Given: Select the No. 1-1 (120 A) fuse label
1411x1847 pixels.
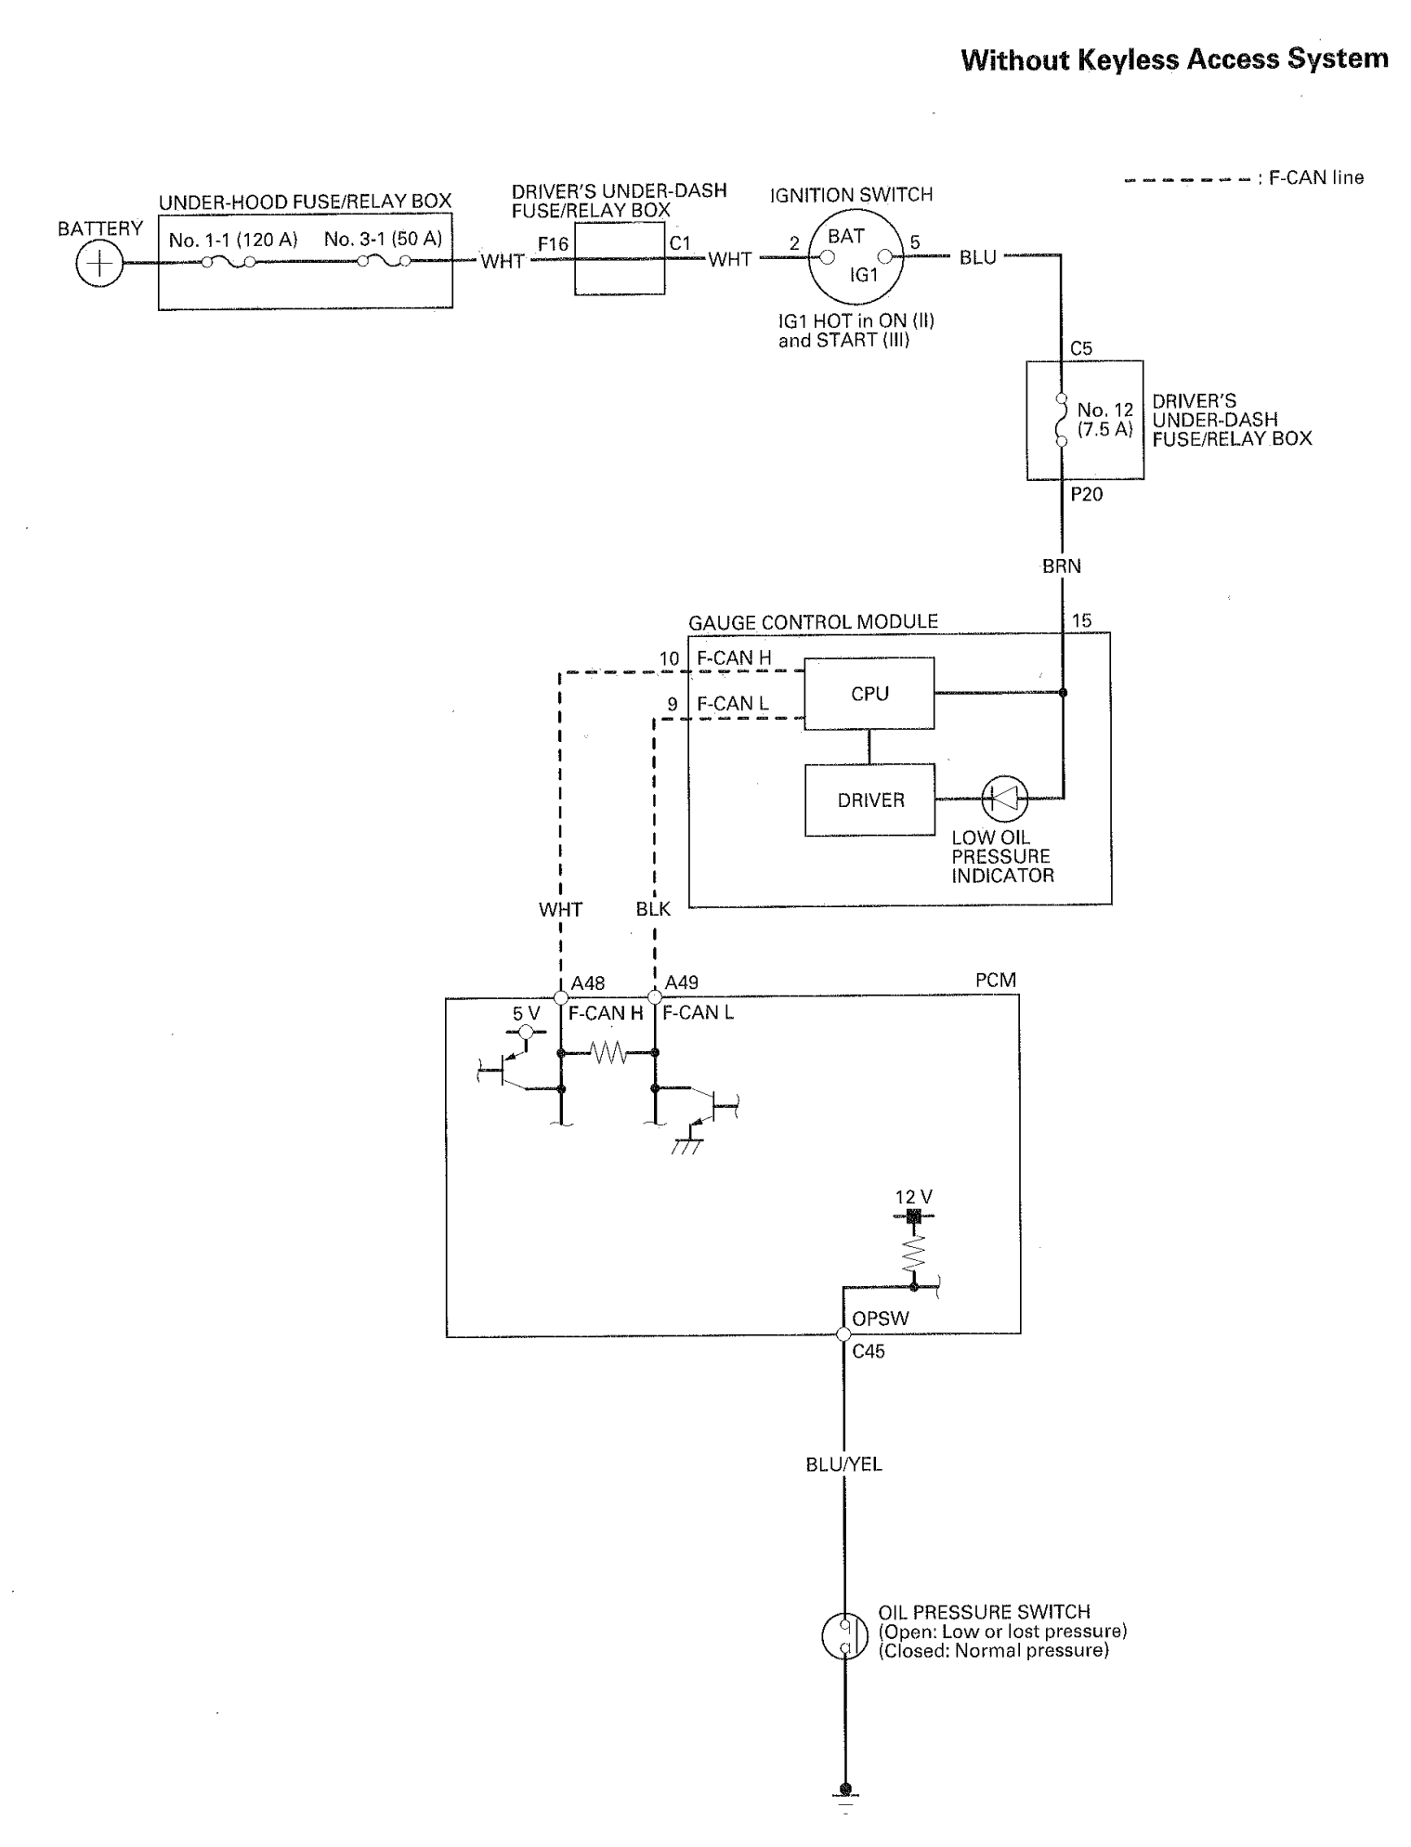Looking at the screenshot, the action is pyautogui.click(x=233, y=240).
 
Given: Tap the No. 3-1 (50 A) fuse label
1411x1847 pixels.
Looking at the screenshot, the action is pyautogui.click(x=383, y=239).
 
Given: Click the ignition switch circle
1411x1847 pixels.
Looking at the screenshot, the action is pyautogui.click(x=856, y=255).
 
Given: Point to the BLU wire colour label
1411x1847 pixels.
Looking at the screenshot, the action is pyautogui.click(x=977, y=257).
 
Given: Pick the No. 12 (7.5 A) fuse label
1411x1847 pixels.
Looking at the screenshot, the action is pyautogui.click(x=1105, y=420).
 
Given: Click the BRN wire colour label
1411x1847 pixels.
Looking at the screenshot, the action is pyautogui.click(x=1062, y=566).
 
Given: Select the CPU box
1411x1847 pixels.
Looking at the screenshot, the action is pyautogui.click(x=869, y=694).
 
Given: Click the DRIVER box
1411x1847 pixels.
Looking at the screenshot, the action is pyautogui.click(x=869, y=800).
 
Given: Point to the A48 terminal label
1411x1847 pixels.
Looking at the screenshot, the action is pyautogui.click(x=588, y=982).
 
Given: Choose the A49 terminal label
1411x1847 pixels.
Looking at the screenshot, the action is pyautogui.click(x=682, y=982).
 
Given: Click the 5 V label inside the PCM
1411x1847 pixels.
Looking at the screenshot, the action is pyautogui.click(x=526, y=1014).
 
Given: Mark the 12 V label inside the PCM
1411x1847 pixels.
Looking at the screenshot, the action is pyautogui.click(x=914, y=1198).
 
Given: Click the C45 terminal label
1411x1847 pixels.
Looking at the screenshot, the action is pyautogui.click(x=869, y=1352).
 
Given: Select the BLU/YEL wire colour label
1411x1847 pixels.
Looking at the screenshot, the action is pyautogui.click(x=844, y=1464).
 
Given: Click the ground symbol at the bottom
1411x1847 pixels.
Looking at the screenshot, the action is pyautogui.click(x=844, y=1799).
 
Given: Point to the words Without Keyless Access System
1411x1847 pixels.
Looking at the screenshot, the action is pyautogui.click(x=1175, y=59).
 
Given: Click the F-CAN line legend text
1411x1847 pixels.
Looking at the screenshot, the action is pyautogui.click(x=1315, y=177).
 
